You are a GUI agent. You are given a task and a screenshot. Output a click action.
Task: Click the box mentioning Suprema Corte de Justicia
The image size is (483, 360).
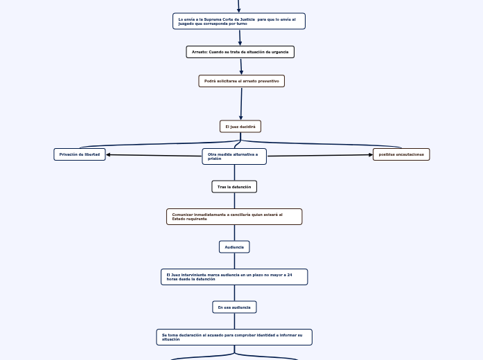(x=238, y=21)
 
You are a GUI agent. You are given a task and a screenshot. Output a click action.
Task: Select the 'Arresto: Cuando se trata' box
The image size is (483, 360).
(x=240, y=52)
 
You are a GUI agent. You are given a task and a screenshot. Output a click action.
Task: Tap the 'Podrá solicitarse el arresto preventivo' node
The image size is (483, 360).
(x=241, y=81)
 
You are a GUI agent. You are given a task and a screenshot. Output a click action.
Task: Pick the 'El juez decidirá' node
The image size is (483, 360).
(x=240, y=126)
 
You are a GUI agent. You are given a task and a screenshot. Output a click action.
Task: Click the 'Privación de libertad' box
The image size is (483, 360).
(x=80, y=154)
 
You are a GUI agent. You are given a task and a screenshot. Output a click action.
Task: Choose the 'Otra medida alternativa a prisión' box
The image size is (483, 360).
(x=234, y=156)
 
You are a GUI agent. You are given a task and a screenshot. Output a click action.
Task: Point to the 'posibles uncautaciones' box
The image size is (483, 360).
(x=401, y=154)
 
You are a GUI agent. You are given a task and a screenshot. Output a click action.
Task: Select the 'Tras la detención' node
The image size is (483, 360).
(x=234, y=187)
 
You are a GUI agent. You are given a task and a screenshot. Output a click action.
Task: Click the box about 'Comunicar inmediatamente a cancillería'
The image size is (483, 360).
(x=234, y=217)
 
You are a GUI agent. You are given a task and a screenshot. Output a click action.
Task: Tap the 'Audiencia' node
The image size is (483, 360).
(x=234, y=246)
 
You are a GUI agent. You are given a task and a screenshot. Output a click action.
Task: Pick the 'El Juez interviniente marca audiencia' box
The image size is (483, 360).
(x=234, y=277)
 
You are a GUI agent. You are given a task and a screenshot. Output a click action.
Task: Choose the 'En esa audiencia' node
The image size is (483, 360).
(x=234, y=307)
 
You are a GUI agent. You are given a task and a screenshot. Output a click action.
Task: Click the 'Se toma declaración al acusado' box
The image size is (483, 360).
(x=234, y=337)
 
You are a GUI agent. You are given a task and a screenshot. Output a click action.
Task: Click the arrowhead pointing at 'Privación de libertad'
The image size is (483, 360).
(x=109, y=154)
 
